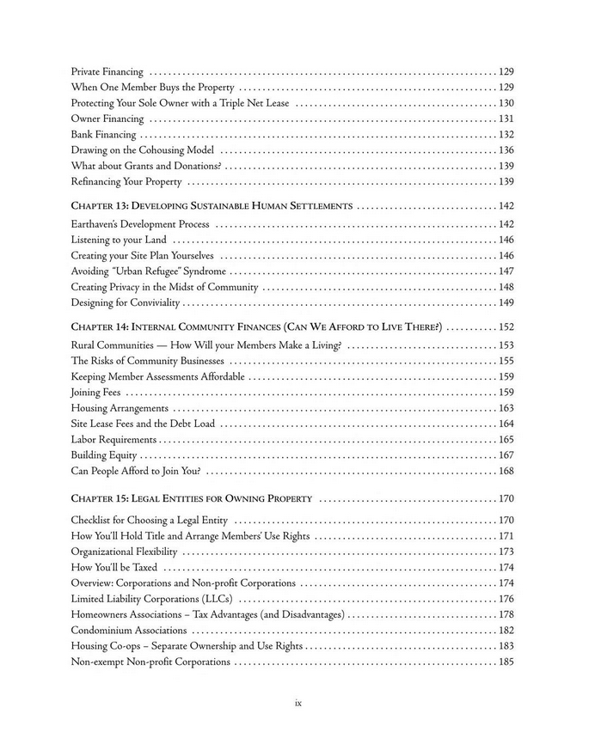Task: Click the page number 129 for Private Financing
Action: [x=506, y=71]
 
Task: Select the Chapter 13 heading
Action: [x=212, y=206]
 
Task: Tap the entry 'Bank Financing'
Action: [x=103, y=135]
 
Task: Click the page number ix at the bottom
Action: [x=297, y=703]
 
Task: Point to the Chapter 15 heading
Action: [x=191, y=498]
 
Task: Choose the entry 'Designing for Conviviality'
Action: [x=126, y=303]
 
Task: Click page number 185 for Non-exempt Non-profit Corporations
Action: [x=506, y=662]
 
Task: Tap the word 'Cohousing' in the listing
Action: [x=157, y=150]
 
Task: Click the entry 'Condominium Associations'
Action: [x=129, y=631]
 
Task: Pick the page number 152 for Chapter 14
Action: [x=506, y=327]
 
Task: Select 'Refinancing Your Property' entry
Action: [x=126, y=182]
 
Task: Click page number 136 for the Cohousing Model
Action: [x=506, y=150]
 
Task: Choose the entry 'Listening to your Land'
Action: [x=119, y=240]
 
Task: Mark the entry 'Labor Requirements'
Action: [x=113, y=440]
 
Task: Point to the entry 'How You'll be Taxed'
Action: [x=113, y=568]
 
